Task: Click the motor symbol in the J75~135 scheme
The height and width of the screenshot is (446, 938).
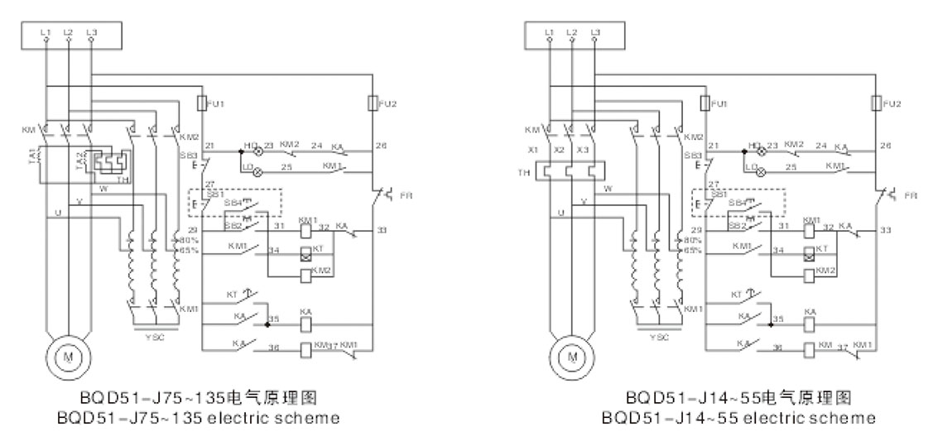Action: click(67, 356)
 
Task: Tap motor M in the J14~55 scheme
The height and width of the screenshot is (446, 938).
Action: click(572, 356)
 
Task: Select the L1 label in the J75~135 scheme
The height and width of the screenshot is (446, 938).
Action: click(46, 31)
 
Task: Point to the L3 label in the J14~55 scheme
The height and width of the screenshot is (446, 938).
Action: click(595, 31)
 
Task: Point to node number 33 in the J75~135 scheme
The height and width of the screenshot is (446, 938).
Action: click(381, 228)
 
